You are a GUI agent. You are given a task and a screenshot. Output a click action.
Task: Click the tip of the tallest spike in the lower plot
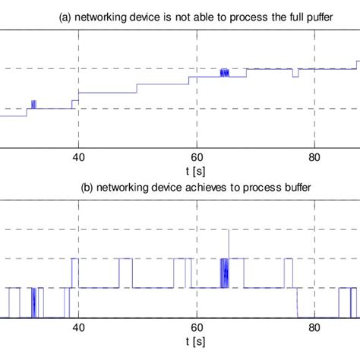tap(229, 231)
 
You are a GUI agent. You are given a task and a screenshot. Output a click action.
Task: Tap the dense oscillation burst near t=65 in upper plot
tap(224, 73)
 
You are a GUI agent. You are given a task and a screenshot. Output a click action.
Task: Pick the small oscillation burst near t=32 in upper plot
tap(33, 104)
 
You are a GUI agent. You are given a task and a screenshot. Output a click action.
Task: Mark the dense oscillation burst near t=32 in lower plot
tap(34, 302)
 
